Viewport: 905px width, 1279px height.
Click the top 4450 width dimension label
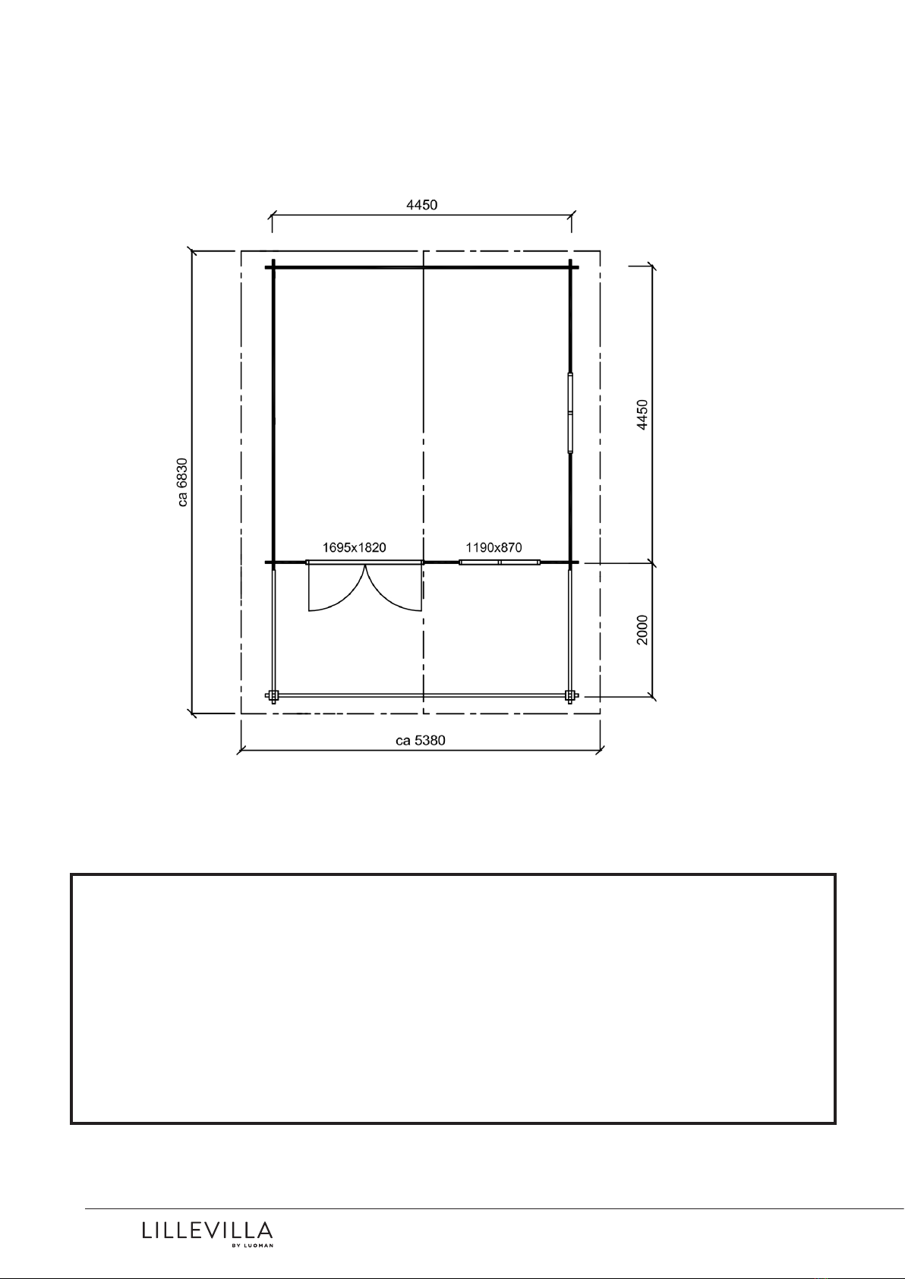coord(421,205)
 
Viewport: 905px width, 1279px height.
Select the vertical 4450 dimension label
coord(642,414)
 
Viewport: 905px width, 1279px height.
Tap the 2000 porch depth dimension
coord(642,630)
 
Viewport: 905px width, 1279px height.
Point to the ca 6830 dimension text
coord(182,482)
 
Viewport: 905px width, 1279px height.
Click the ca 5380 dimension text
coord(421,740)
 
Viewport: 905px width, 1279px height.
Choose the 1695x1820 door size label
coord(354,547)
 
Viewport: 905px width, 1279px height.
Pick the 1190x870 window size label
coord(494,547)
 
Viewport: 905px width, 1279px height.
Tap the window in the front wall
coord(500,562)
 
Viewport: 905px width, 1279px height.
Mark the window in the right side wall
coord(570,412)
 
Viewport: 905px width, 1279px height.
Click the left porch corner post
coord(273,695)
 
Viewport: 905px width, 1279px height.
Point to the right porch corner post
coord(570,695)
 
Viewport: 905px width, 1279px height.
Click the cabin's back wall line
coord(422,267)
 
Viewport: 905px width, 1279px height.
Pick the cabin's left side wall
coord(273,414)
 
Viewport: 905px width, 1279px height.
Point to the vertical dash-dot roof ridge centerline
coord(423,482)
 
